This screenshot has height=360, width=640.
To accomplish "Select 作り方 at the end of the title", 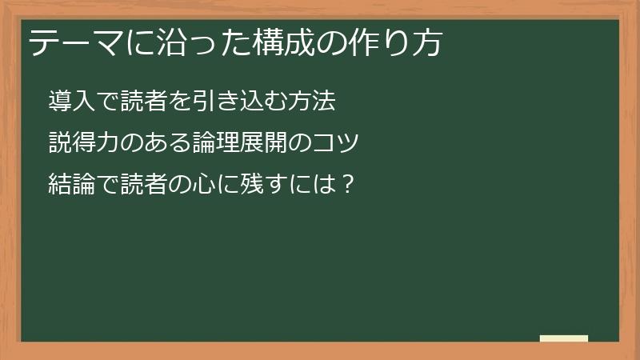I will click(x=398, y=43).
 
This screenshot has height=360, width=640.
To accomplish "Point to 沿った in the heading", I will click(x=182, y=43).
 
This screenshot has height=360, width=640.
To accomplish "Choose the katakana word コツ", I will click(x=336, y=143).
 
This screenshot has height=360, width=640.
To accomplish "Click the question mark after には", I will click(x=346, y=185).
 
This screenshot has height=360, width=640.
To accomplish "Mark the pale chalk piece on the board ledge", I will click(x=564, y=338).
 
